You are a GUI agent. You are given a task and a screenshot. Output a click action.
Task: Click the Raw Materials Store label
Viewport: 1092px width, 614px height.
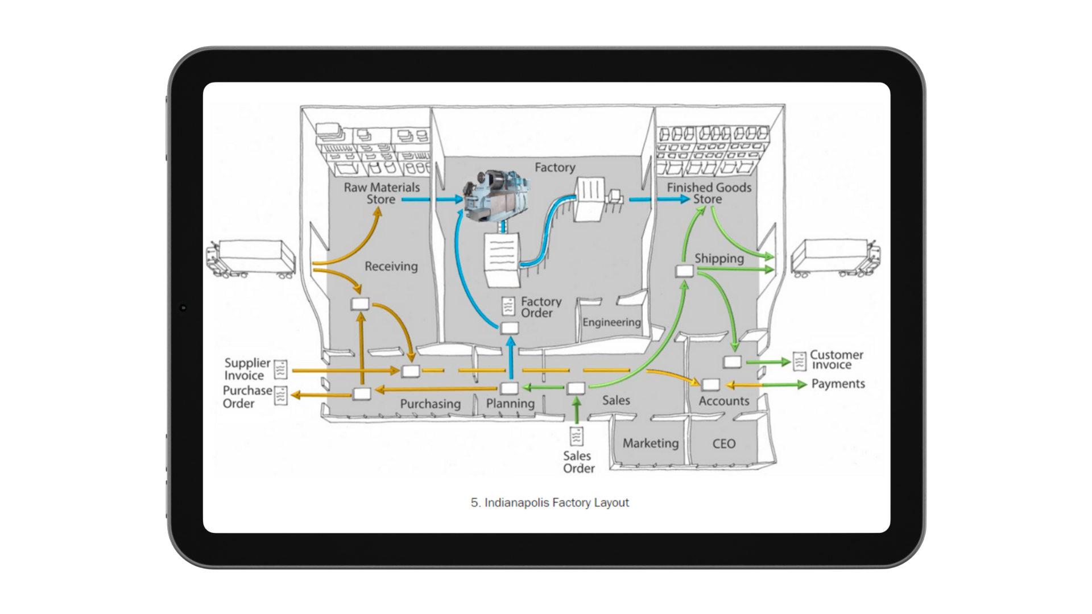point(382,193)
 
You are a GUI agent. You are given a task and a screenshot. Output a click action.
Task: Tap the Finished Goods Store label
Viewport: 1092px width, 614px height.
point(709,193)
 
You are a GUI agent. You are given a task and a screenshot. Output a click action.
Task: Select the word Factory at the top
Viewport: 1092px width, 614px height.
point(555,167)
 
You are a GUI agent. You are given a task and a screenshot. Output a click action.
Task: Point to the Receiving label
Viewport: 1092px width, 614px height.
point(391,266)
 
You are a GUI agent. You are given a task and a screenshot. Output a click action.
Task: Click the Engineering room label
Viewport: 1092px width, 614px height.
point(611,322)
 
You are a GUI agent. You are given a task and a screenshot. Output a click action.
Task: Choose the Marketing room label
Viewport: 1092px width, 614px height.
point(651,443)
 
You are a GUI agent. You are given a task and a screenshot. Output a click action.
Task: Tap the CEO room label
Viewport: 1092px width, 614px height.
point(723,444)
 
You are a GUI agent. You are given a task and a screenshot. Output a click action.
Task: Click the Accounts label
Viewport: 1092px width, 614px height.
point(723,401)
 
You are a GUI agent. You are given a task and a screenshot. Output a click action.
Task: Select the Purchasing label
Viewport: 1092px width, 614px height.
point(430,404)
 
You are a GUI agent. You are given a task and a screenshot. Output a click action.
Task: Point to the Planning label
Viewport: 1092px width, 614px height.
point(510,404)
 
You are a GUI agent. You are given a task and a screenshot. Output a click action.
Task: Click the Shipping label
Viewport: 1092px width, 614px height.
point(719,259)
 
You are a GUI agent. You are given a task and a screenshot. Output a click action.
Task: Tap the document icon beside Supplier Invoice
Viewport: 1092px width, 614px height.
point(281,370)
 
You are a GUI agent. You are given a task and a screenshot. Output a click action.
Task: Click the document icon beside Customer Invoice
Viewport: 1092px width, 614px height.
point(800,361)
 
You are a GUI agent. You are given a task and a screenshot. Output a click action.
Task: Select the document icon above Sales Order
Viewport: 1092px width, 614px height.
point(577,436)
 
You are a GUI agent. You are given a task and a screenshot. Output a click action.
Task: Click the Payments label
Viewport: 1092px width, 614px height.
point(838,384)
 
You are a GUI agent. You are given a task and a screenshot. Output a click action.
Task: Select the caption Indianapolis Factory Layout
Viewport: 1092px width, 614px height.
point(550,503)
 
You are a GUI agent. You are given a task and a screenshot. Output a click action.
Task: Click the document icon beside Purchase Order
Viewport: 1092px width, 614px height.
point(281,396)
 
